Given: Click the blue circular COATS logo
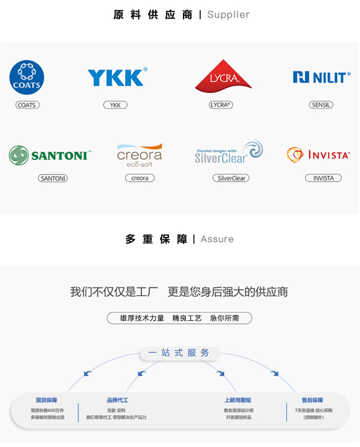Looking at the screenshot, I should point(27,78).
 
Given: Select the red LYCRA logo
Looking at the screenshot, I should point(223,76).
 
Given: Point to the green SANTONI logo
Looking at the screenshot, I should point(49,155).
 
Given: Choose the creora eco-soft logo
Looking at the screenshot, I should point(140,155).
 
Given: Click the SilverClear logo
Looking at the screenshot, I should point(228,153).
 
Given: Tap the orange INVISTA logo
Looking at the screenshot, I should point(318,155).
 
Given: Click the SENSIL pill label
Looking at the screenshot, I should point(321,105).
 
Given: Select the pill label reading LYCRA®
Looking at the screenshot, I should point(221,105).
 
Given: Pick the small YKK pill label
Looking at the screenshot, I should point(115,105).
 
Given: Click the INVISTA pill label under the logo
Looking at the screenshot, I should point(324,178).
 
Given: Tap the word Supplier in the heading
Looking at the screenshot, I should point(228,15).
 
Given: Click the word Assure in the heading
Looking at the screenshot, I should point(217,239).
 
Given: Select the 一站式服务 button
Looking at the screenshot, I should point(179,353).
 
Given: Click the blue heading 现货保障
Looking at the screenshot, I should point(47,400).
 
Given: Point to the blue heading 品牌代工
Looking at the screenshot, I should point(118,400).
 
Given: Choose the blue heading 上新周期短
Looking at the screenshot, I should point(238,400).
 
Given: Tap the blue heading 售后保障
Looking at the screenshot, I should point(312,400).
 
